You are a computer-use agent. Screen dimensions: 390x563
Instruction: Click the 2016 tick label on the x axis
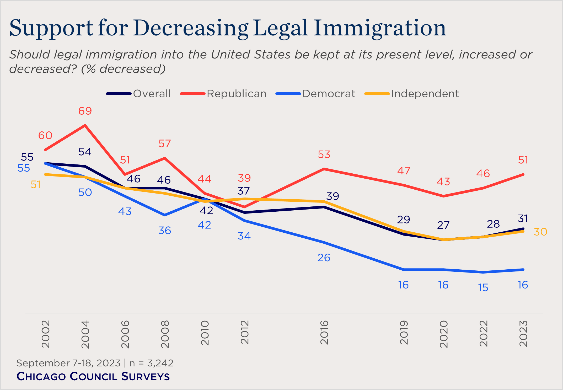[x=324, y=332]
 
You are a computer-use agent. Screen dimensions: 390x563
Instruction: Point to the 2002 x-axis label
[x=46, y=334]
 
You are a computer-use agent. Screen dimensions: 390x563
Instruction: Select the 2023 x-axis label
[x=523, y=334]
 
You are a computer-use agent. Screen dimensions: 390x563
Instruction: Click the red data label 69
[x=85, y=111]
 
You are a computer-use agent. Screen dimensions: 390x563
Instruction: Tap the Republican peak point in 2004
[x=85, y=125]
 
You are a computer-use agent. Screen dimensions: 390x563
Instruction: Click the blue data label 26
[x=324, y=258]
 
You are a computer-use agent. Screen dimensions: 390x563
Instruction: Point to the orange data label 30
[x=540, y=232]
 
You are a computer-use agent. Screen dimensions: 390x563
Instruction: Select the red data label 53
[x=324, y=154]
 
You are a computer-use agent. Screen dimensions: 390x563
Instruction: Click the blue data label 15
[x=483, y=288]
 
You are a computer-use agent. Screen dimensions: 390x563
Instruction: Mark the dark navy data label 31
[x=523, y=218]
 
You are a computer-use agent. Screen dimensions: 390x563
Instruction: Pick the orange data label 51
[x=36, y=185]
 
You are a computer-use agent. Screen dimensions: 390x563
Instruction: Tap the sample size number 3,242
[x=160, y=363]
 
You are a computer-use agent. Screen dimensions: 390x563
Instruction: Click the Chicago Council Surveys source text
[x=93, y=376]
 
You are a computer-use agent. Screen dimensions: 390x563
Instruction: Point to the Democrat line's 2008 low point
[x=165, y=215]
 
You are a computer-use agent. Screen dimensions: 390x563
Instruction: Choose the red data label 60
[x=45, y=135]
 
